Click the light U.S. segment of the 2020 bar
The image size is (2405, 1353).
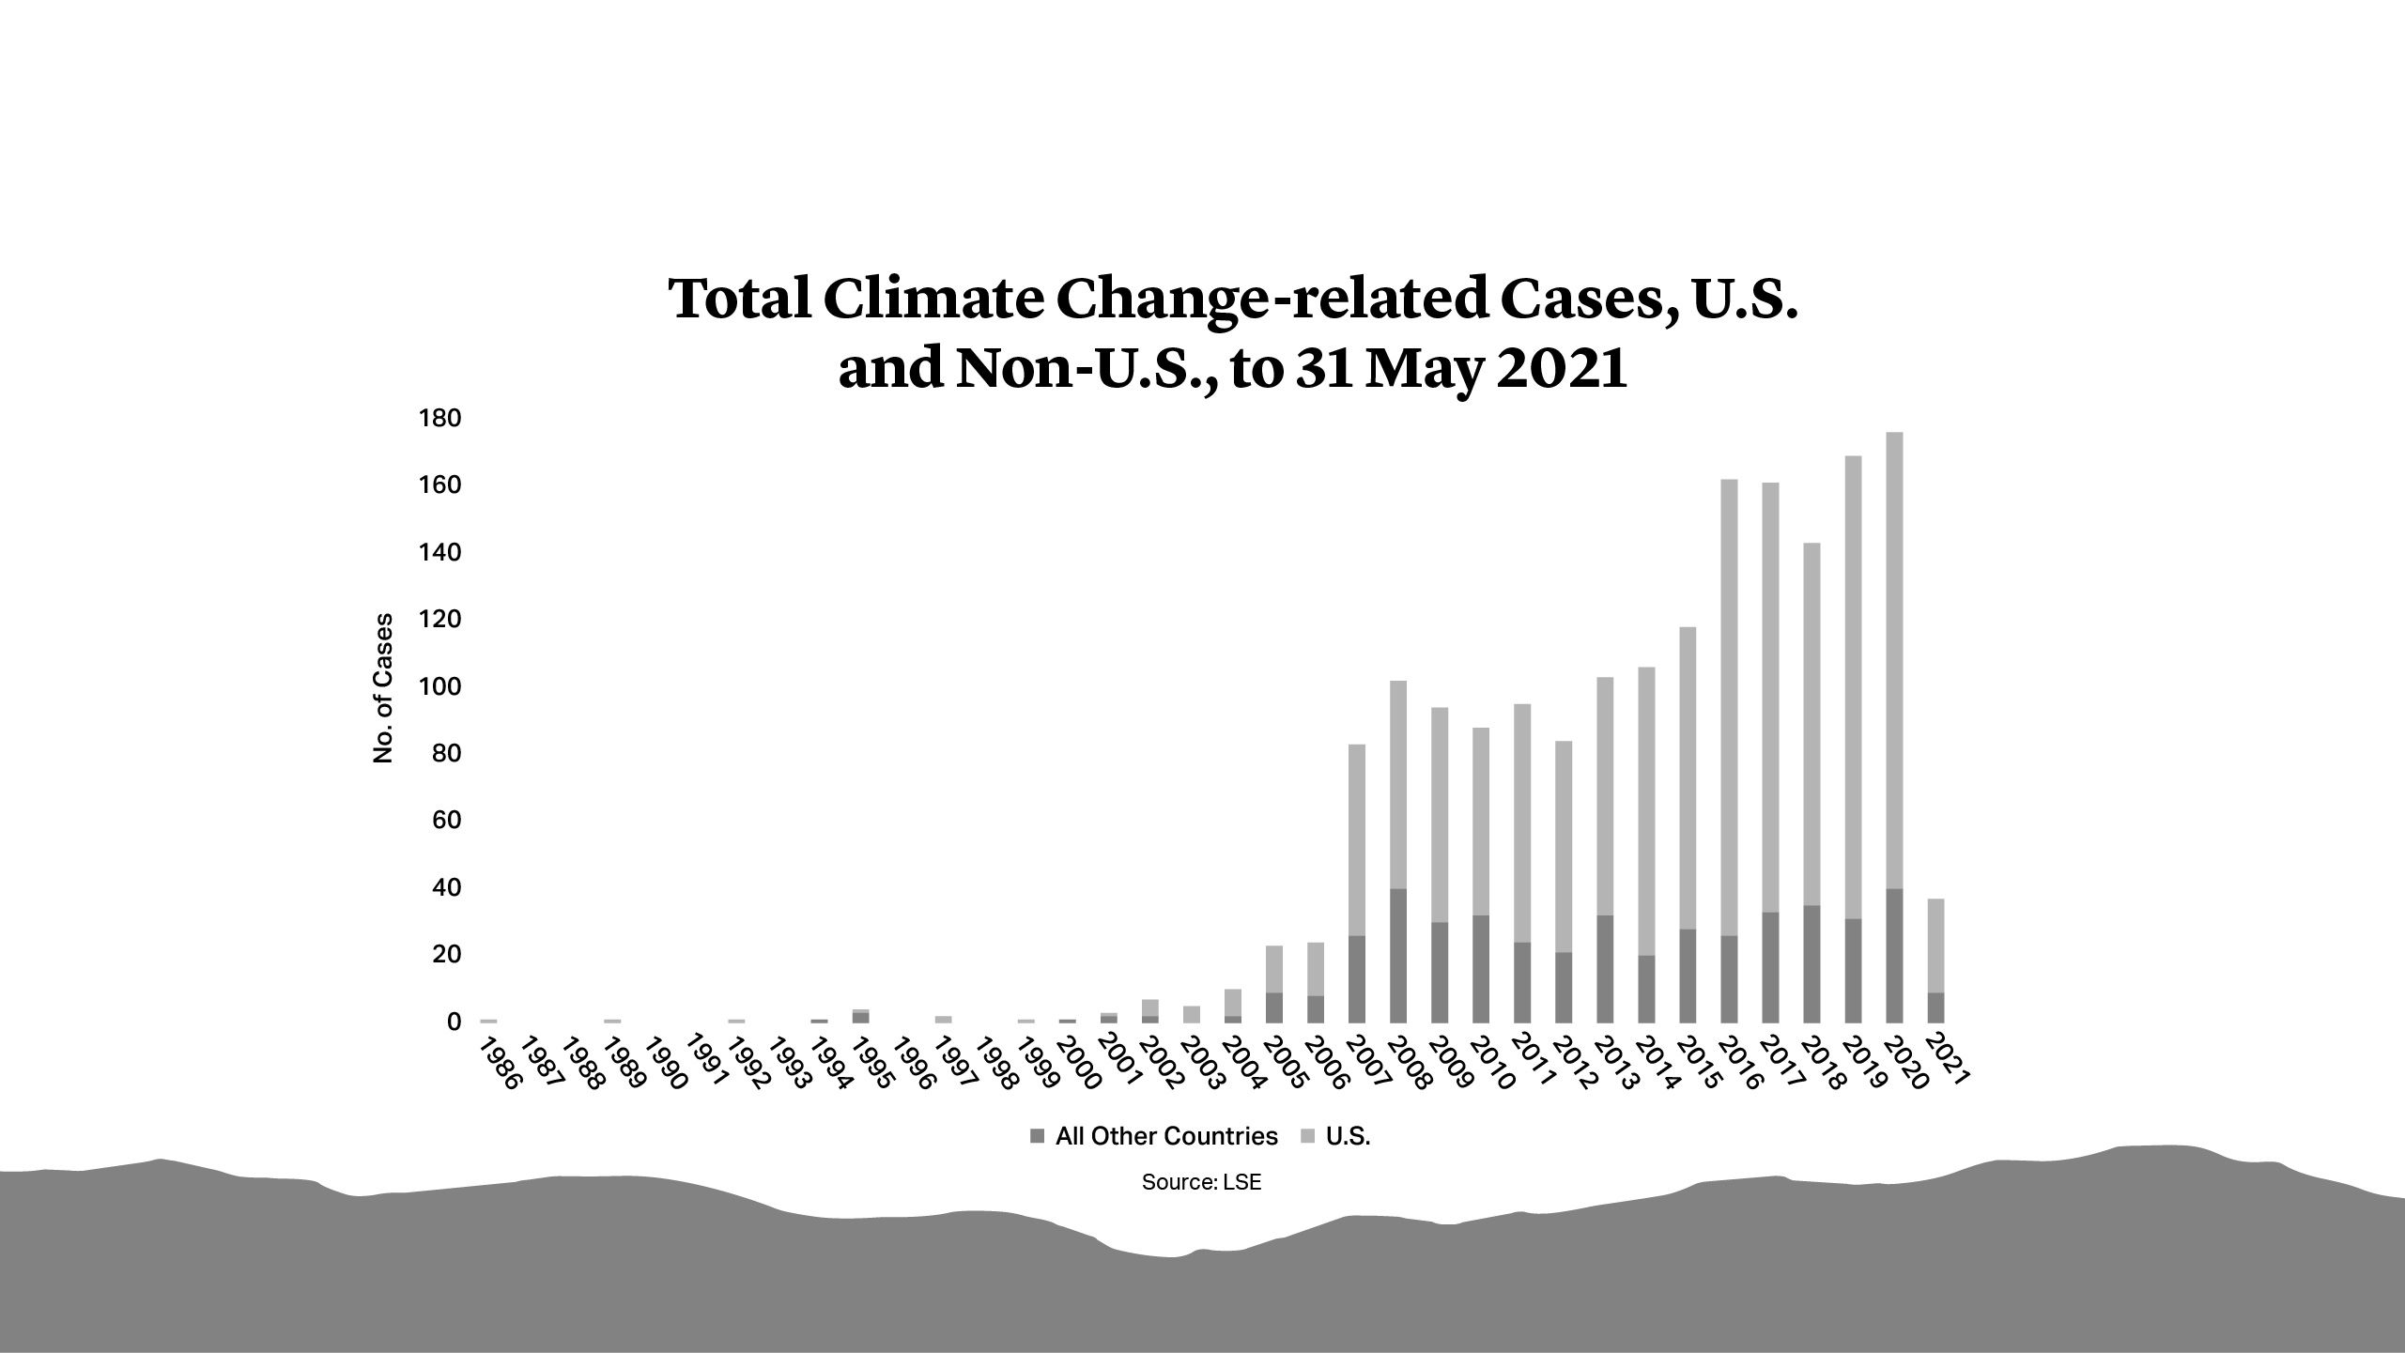[x=1894, y=657]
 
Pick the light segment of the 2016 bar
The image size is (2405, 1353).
[x=1729, y=704]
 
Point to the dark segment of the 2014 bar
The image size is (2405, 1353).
[x=1646, y=990]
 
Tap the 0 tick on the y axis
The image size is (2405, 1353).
[x=454, y=1022]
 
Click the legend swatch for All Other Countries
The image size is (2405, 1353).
[x=1037, y=1137]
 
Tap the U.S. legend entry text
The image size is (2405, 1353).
[x=1348, y=1137]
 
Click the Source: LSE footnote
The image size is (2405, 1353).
[x=1201, y=1183]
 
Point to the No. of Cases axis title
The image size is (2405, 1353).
[x=383, y=688]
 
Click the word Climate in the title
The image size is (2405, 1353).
[x=933, y=299]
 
